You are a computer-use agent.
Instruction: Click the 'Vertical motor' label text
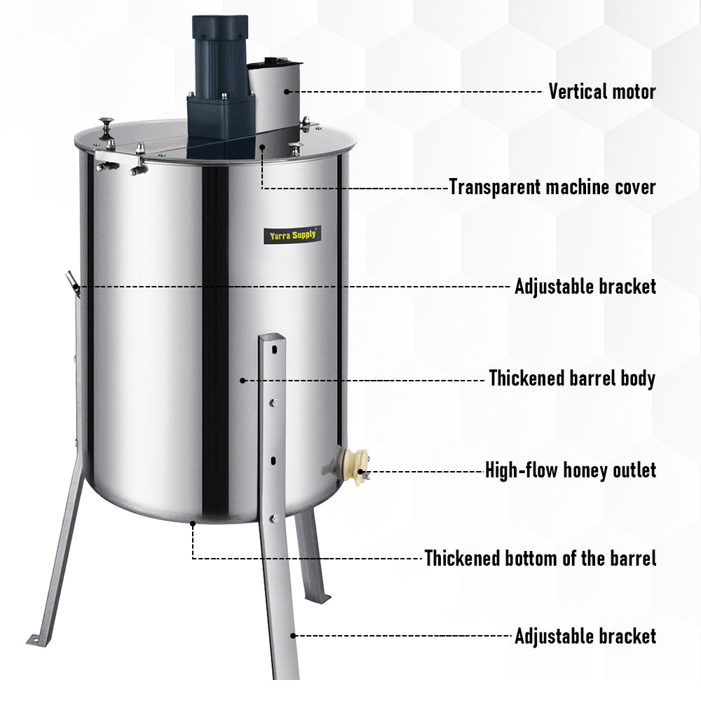point(601,92)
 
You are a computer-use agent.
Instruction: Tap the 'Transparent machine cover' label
point(552,187)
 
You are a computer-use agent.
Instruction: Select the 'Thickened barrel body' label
point(572,379)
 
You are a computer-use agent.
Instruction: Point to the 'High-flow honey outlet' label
point(571,470)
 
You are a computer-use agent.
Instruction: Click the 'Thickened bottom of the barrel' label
point(540,559)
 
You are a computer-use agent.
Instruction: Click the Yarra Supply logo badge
point(292,235)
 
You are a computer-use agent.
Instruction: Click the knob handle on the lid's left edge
point(107,128)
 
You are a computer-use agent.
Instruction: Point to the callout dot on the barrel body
point(243,381)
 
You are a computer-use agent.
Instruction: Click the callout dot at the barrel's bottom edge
point(193,523)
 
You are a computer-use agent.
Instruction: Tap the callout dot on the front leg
point(293,635)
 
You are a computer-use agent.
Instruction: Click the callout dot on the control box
point(287,92)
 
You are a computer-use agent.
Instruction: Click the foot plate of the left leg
point(36,640)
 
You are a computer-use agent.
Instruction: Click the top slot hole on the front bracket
point(274,348)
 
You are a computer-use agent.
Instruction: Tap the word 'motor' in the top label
point(634,92)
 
